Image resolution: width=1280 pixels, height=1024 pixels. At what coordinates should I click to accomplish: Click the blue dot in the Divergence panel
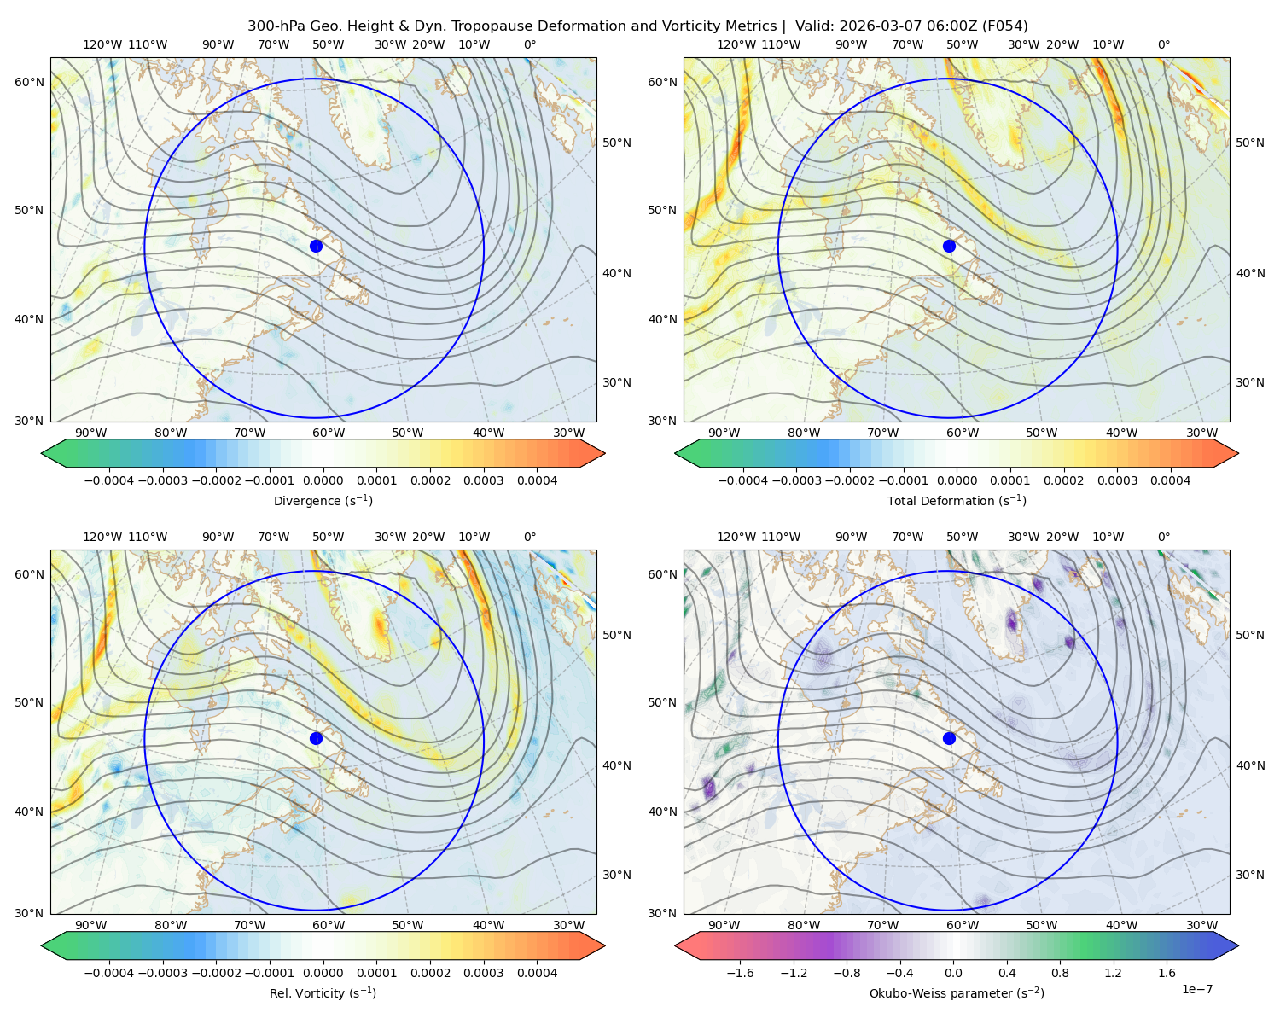click(x=316, y=246)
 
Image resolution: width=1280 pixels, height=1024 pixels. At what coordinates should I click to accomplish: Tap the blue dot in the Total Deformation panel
click(x=949, y=246)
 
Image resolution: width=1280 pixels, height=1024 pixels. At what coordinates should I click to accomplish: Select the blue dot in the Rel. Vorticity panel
click(x=316, y=738)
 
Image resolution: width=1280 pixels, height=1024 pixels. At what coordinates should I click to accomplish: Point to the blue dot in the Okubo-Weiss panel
click(x=949, y=738)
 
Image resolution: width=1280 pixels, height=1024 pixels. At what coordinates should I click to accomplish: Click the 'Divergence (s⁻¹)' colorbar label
click(x=323, y=500)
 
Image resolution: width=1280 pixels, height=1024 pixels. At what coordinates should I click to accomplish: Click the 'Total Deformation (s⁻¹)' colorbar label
click(x=957, y=500)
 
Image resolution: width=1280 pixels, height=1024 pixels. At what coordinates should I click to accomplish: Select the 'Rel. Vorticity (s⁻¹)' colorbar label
click(x=323, y=992)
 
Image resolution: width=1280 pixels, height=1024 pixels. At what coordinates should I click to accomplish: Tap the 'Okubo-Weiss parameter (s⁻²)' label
click(x=957, y=992)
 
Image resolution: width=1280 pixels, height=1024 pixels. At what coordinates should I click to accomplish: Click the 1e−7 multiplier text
click(x=1196, y=989)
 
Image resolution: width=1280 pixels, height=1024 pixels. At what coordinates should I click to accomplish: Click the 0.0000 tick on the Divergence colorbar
click(x=323, y=480)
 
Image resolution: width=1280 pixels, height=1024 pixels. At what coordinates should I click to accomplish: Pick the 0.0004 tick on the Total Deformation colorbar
click(x=1170, y=480)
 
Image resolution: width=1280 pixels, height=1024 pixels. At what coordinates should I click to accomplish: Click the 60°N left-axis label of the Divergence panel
click(x=29, y=82)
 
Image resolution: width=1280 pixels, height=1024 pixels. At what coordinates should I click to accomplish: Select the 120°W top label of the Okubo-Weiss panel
click(x=736, y=537)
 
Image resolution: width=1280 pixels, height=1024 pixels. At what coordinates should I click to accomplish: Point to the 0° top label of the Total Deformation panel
click(x=1163, y=44)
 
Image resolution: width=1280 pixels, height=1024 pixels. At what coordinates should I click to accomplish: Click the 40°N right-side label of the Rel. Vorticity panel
click(x=617, y=765)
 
